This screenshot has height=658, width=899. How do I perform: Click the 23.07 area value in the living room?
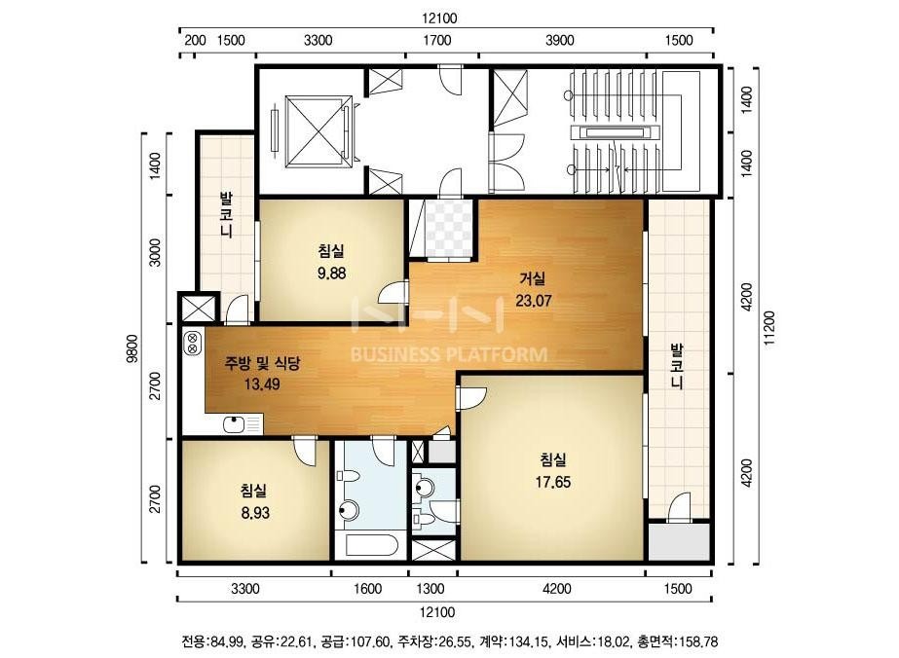click(x=533, y=300)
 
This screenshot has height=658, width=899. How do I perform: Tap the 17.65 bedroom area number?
click(x=552, y=482)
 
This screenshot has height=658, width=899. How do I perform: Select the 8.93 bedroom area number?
click(x=255, y=513)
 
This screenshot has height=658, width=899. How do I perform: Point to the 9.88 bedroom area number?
click(x=331, y=273)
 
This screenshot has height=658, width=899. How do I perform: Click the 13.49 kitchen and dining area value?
click(x=262, y=384)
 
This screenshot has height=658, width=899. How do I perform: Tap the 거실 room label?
click(x=532, y=278)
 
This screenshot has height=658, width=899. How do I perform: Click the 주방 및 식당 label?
click(x=263, y=363)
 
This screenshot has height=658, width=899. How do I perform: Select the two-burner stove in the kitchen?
click(x=193, y=343)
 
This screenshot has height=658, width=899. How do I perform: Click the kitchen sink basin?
click(x=235, y=424)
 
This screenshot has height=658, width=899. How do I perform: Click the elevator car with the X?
click(x=318, y=131)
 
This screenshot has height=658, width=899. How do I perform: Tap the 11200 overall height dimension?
click(x=768, y=327)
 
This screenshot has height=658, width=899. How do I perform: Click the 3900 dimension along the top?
click(x=560, y=40)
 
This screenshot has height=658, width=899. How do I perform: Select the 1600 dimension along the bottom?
click(x=367, y=589)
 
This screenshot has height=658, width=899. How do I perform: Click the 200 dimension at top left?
click(x=195, y=40)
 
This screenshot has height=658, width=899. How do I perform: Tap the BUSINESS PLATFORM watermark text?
click(x=449, y=354)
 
